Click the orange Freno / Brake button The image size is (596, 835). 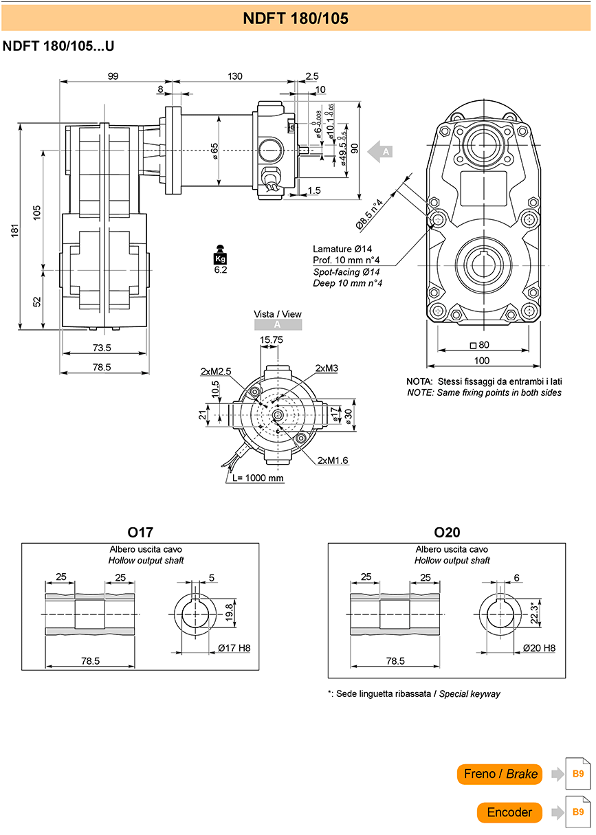point(499,775)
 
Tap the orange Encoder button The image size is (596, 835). point(509,812)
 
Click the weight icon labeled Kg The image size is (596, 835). point(220,255)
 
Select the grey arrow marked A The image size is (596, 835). point(379,152)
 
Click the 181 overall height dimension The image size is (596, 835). point(14,231)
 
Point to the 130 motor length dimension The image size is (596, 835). point(235,76)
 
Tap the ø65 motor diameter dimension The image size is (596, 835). point(214,151)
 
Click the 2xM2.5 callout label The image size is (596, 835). point(216,371)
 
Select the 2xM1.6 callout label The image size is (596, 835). point(333,460)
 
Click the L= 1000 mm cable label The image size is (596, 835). point(258,478)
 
